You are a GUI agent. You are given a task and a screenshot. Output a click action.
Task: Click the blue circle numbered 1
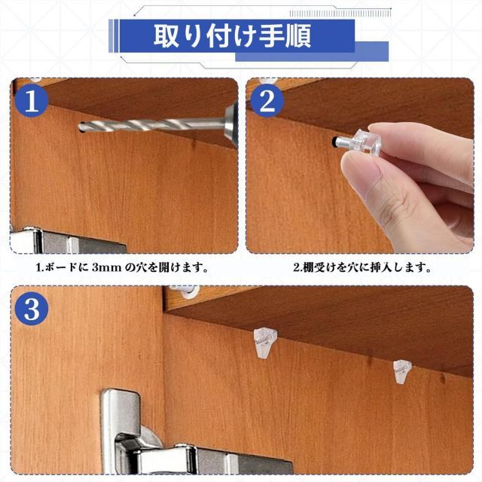pyautogui.click(x=32, y=100)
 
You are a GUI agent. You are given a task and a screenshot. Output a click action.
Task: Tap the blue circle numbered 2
pyautogui.click(x=267, y=100)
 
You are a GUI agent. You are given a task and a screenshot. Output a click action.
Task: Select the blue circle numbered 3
pyautogui.click(x=32, y=309)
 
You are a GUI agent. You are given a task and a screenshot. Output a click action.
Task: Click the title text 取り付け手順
pyautogui.click(x=233, y=36)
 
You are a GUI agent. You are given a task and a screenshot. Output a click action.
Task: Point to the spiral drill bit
pyautogui.click(x=151, y=124)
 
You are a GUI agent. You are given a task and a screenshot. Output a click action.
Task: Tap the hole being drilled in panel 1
pyautogui.click(x=81, y=127)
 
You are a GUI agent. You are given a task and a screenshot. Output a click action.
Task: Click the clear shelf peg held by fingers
pyautogui.click(x=359, y=142)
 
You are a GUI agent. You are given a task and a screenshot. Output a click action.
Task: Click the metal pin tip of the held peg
pyautogui.click(x=341, y=142)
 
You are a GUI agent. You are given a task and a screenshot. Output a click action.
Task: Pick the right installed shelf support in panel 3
pyautogui.click(x=402, y=372)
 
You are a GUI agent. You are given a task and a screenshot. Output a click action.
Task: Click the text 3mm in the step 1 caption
pyautogui.click(x=106, y=268)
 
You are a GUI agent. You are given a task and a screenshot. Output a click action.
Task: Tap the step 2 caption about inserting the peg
pyautogui.click(x=361, y=267)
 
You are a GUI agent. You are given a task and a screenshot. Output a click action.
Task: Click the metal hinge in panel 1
pyautogui.click(x=68, y=241)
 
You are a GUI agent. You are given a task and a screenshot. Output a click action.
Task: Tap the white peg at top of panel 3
pyautogui.click(x=185, y=291)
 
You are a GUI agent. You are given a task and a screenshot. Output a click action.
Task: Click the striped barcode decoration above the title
pyautogui.click(x=340, y=14)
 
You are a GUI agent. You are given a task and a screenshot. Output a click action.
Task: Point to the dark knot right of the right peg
pyautogui.click(x=443, y=378)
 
